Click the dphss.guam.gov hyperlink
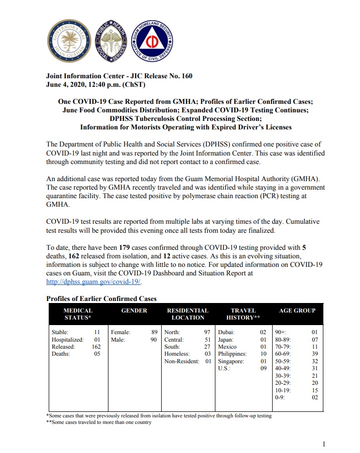tap(87, 282)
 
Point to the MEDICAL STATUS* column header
tap(78, 314)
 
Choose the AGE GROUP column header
tap(297, 311)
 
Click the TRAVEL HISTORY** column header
tap(243, 314)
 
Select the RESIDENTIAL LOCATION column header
tap(187, 314)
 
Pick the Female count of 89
tap(154, 332)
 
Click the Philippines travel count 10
tap(263, 354)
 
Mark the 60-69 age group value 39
tap(314, 354)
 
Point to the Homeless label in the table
tap(177, 354)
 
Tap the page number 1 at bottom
tap(324, 443)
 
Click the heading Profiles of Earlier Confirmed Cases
tap(101, 298)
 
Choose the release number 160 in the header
tap(186, 76)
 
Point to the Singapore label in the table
tap(231, 361)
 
